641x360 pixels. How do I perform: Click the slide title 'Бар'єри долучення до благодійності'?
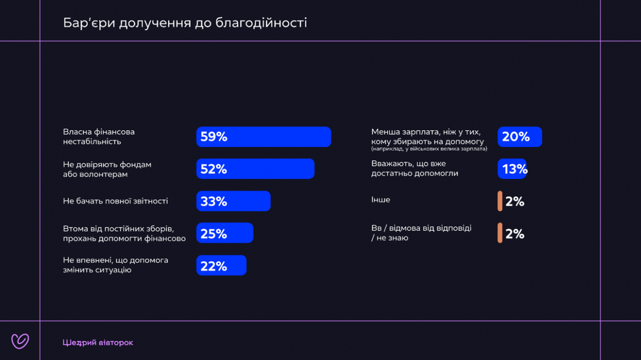click(x=185, y=23)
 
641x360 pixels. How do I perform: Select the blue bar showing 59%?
click(x=263, y=137)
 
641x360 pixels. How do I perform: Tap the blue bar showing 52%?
click(x=255, y=169)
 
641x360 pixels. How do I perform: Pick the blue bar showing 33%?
click(x=233, y=201)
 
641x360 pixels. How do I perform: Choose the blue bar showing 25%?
click(x=224, y=233)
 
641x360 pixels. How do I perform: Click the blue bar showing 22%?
click(x=221, y=265)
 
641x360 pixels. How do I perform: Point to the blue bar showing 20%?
click(x=520, y=137)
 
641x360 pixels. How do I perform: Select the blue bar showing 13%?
click(x=512, y=169)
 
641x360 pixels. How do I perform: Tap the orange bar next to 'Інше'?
click(x=500, y=201)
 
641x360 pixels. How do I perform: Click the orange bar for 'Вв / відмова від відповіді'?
click(x=500, y=233)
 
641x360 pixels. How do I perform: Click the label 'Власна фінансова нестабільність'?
click(x=99, y=137)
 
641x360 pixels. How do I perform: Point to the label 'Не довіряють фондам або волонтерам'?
click(x=107, y=169)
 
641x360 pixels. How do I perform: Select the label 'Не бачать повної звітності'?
click(x=115, y=201)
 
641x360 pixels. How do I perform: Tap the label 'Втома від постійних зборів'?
click(x=124, y=233)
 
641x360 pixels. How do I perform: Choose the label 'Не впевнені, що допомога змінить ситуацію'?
click(x=115, y=265)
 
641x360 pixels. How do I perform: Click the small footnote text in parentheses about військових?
click(x=429, y=149)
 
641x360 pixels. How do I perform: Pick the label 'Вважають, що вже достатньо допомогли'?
click(x=415, y=169)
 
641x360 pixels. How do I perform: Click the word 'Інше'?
click(x=381, y=200)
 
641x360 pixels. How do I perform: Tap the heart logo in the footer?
click(x=20, y=341)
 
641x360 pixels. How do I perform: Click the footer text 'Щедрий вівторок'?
click(x=98, y=342)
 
